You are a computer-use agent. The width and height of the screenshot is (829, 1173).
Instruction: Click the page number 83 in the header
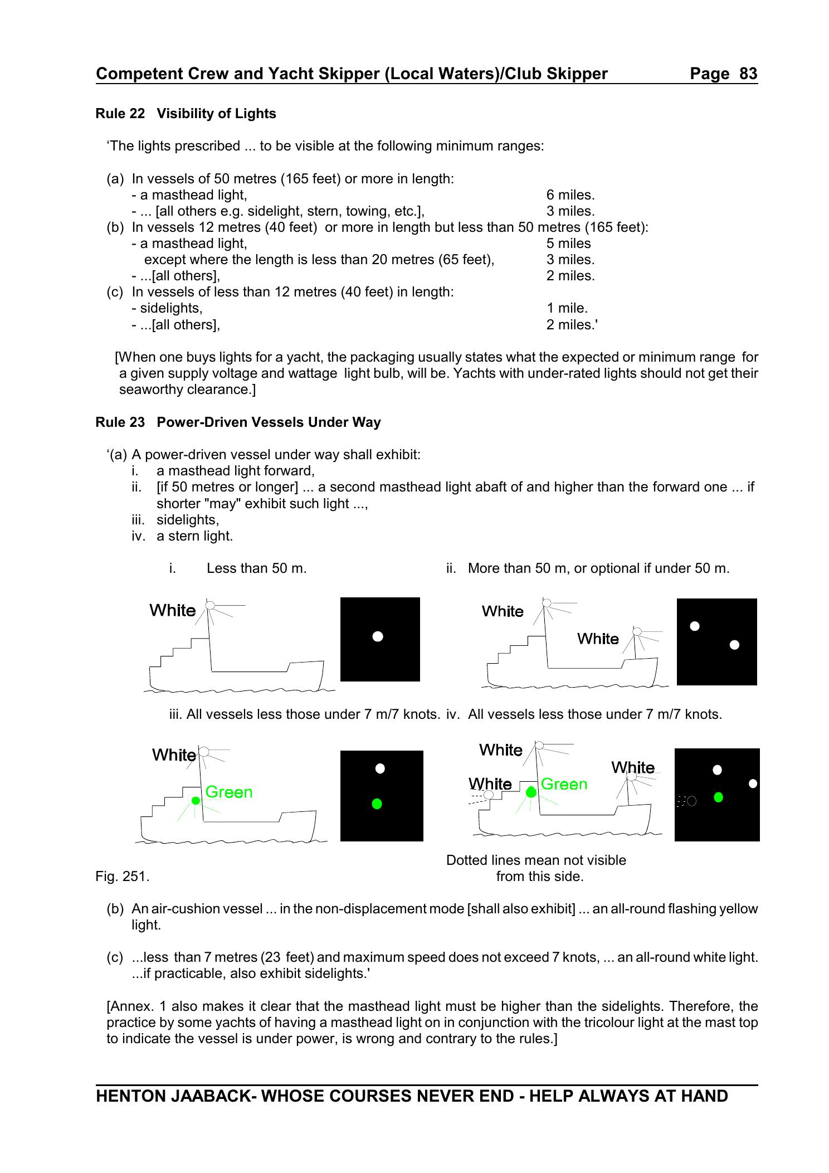pos(748,74)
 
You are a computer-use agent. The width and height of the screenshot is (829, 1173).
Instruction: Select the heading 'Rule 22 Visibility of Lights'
pos(186,114)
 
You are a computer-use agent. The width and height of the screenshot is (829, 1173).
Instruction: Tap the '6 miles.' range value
pos(570,195)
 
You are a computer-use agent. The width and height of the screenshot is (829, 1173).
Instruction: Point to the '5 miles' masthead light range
pos(568,244)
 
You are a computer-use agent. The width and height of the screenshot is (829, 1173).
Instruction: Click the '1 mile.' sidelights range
pos(567,308)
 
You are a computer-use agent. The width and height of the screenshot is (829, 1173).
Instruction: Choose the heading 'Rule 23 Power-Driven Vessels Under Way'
pos(238,422)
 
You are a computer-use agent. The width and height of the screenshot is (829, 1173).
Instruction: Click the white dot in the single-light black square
pos(378,636)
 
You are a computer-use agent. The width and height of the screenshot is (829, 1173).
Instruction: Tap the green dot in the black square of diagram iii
pos(377,804)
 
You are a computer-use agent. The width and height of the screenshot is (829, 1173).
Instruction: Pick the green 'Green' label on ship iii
pos(228,792)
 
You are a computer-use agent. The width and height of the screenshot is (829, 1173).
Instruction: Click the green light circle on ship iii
pos(196,800)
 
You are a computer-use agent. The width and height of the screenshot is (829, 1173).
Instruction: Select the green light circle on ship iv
pos(531,792)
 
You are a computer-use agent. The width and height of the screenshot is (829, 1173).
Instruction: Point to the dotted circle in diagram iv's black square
pos(691,801)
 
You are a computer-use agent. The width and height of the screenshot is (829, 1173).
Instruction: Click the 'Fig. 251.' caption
pos(123,877)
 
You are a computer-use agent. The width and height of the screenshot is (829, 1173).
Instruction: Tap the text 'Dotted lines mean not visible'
pos(536,860)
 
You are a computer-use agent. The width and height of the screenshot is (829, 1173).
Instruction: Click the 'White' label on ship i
pos(173,611)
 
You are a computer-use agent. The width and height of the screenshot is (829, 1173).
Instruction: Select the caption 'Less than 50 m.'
pos(256,568)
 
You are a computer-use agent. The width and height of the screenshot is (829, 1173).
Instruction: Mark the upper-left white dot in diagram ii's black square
pos(695,626)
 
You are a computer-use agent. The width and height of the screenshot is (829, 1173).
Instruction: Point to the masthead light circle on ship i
pos(210,605)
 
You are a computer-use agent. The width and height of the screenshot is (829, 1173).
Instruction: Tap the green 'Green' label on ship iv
pos(564,784)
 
